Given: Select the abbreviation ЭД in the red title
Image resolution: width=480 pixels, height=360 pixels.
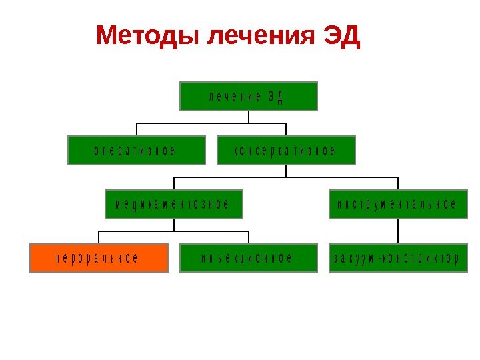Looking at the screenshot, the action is coord(341,37).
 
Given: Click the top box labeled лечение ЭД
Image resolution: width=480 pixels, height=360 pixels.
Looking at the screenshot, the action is coord(249,96).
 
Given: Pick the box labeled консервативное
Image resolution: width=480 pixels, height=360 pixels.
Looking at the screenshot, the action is coord(287,150).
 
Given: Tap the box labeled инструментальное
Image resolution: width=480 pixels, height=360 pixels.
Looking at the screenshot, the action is coord(398,204).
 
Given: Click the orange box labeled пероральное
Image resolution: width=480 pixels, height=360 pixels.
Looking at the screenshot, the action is coord(98,258).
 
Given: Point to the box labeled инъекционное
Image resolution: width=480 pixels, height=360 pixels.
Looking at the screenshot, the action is coord(249,258).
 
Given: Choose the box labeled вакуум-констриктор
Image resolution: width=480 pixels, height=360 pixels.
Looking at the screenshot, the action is coord(398,258).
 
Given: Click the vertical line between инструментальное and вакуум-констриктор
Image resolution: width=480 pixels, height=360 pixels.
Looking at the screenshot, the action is coord(398,231).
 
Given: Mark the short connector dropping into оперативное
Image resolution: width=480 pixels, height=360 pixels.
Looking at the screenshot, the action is coord(137,129).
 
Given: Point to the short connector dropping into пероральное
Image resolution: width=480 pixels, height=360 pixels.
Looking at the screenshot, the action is coord(99,237).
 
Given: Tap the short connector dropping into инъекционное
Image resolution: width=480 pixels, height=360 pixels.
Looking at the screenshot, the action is coord(249,237).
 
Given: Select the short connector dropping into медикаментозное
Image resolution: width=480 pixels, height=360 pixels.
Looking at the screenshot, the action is coord(175,183).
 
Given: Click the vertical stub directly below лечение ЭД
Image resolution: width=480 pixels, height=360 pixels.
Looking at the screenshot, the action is coord(249,117).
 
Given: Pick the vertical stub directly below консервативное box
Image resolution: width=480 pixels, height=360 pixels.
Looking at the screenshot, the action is coord(286,171).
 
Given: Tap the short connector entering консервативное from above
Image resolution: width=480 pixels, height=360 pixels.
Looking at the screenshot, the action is coord(286,129).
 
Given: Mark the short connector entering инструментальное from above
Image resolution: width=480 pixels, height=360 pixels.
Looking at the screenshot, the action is coord(398,183).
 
